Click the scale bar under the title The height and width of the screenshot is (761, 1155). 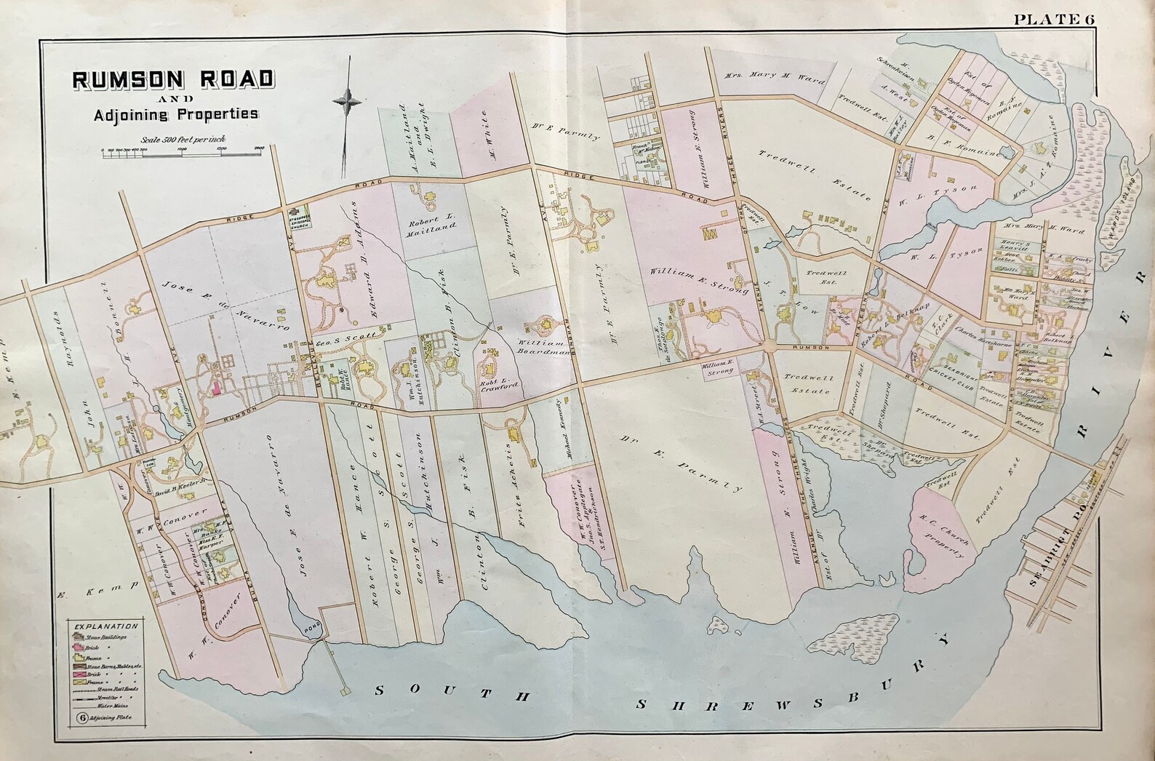182,148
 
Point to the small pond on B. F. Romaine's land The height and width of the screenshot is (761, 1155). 1007,154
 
